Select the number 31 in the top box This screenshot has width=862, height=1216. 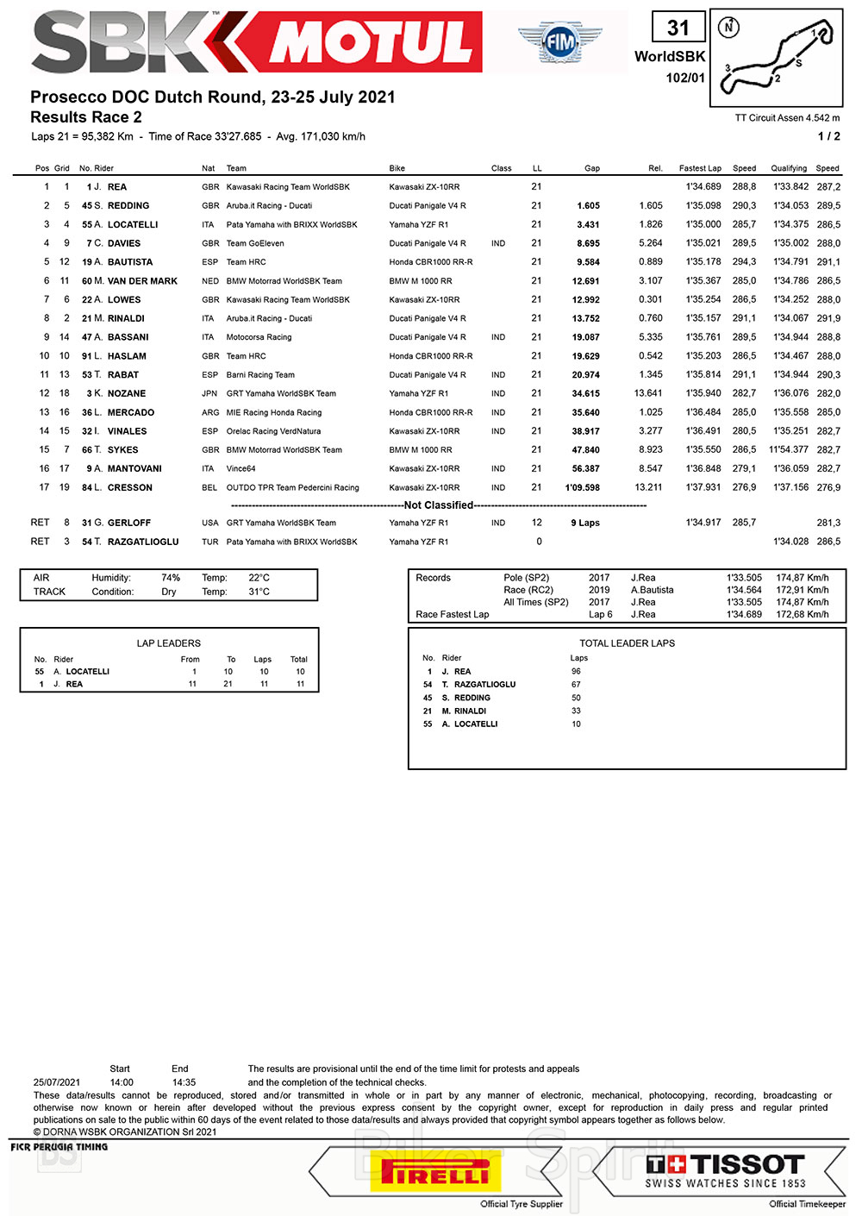coord(678,28)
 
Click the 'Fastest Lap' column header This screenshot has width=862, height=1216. coord(700,168)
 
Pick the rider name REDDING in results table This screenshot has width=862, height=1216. coord(128,206)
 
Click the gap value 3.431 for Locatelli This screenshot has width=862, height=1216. coord(588,225)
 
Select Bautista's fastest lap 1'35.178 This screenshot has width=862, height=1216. coord(703,262)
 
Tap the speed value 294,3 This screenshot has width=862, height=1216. coord(744,262)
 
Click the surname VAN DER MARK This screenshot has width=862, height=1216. coord(142,281)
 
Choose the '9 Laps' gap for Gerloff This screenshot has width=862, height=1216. coord(585,523)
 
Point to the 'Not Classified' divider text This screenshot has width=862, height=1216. coord(439,505)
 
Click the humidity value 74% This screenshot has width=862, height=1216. coord(171,578)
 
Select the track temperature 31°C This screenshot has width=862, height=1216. coord(259,592)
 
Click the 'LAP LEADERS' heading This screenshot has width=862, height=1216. coord(169,643)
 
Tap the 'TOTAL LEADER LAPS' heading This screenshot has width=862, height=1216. coord(627,643)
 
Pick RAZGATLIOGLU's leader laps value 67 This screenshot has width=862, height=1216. coord(576,685)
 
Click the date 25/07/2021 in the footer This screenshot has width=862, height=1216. coord(57,1082)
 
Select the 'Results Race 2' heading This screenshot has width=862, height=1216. coord(86,117)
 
